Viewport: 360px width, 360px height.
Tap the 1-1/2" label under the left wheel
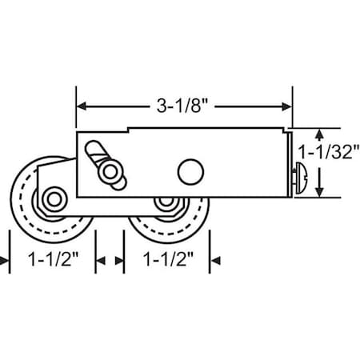[x=53, y=259]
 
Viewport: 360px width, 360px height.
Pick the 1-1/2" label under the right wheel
[x=166, y=259]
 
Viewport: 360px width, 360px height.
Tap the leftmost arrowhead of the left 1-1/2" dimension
[x=3, y=259]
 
